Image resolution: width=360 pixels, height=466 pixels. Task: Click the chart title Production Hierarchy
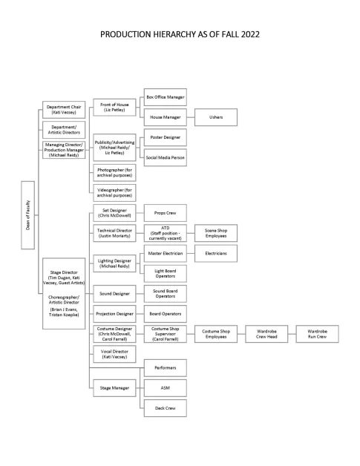coord(180,34)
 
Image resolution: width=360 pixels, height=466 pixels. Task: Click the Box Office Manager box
coord(163,97)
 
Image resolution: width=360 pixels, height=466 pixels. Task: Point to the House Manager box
coord(163,118)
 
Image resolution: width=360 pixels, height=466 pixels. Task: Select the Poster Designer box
coord(163,138)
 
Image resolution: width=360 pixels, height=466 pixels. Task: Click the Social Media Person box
coord(163,158)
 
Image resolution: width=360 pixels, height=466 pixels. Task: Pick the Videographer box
coord(114,192)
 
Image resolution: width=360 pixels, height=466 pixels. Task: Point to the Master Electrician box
coord(163,254)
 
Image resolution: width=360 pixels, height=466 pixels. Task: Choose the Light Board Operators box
coord(163,274)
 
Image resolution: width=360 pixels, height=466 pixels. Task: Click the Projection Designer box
coord(114,314)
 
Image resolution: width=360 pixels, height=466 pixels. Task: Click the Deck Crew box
coord(163,407)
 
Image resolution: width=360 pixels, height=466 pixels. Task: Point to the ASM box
coord(163,387)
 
